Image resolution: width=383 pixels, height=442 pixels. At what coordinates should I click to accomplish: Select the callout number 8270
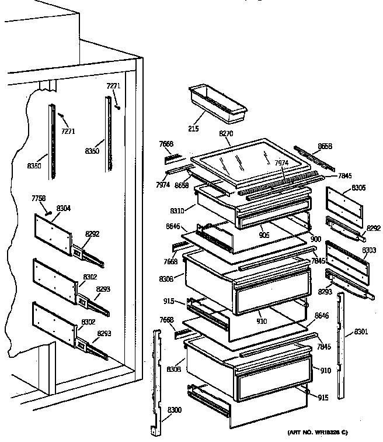point(225,134)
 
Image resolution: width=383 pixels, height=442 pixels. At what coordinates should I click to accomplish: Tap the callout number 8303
point(370,250)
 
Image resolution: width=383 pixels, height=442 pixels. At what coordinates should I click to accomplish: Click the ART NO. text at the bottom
point(318,432)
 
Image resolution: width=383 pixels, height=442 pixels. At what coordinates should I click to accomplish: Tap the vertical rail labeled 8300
point(157,380)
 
